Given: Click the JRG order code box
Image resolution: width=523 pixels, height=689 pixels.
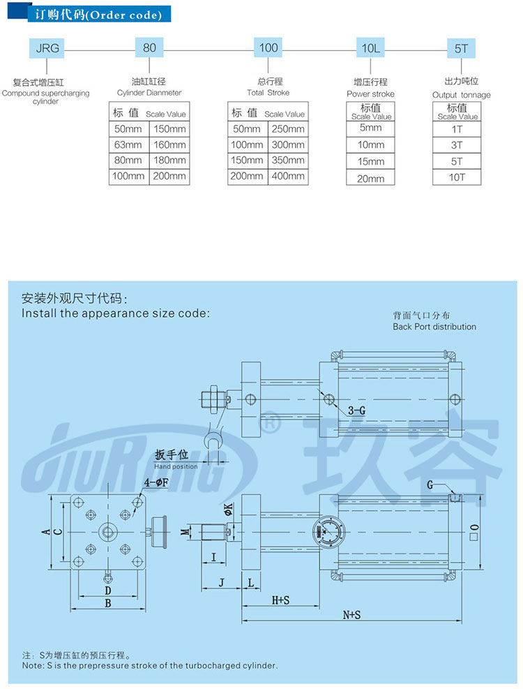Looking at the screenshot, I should pyautogui.click(x=47, y=48).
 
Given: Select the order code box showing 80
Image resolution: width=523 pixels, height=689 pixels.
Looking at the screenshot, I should pyautogui.click(x=149, y=48).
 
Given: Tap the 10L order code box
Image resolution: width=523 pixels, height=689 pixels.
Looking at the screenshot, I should pyautogui.click(x=370, y=48).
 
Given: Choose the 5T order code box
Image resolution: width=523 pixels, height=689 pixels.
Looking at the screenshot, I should pyautogui.click(x=461, y=48).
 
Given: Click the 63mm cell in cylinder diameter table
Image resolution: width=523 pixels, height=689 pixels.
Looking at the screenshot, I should pyautogui.click(x=128, y=145).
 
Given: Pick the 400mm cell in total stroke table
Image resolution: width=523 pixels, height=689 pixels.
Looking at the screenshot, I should pyautogui.click(x=287, y=176).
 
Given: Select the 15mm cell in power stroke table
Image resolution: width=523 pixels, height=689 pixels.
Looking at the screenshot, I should pyautogui.click(x=370, y=161).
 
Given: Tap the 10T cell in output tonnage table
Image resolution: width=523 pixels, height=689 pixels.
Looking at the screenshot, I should pyautogui.click(x=457, y=177).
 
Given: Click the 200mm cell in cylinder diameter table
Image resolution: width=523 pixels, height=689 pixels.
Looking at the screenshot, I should pyautogui.click(x=169, y=176).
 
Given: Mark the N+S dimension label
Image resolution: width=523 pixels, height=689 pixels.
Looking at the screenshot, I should pyautogui.click(x=351, y=615).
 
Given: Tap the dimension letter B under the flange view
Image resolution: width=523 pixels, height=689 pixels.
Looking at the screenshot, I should pyautogui.click(x=108, y=602).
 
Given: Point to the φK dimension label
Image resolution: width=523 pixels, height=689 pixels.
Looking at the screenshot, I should pyautogui.click(x=227, y=510).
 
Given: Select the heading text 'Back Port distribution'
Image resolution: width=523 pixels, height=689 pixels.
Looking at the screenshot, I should pyautogui.click(x=434, y=327).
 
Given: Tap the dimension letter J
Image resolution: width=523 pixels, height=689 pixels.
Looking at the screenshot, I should pyautogui.click(x=220, y=581).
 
